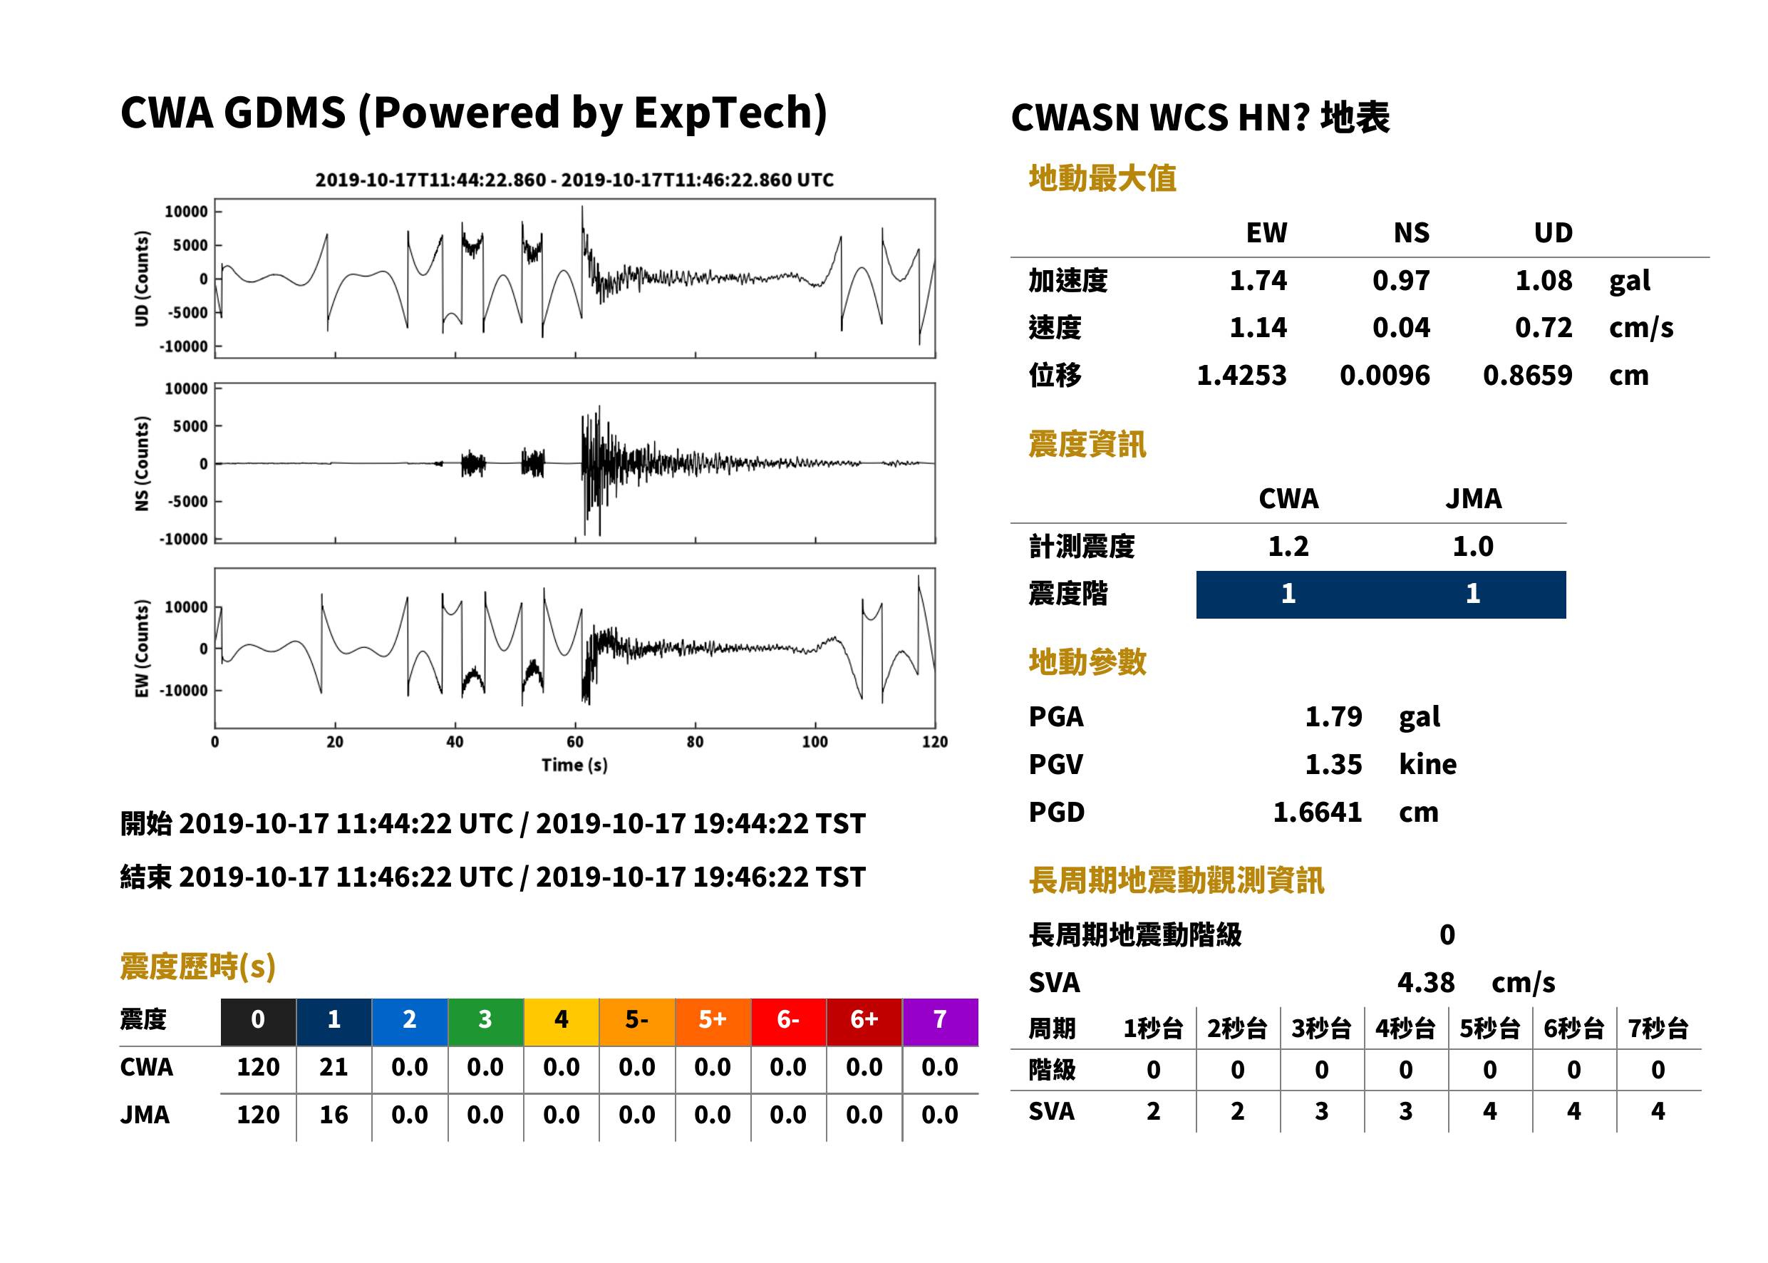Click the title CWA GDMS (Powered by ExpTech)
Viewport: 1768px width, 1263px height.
click(473, 113)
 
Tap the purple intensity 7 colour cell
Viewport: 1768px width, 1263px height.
click(940, 1021)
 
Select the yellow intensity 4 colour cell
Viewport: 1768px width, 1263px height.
click(562, 1021)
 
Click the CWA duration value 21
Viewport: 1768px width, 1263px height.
click(334, 1067)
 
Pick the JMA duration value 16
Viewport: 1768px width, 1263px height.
click(334, 1115)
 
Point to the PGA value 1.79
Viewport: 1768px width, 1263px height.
click(1333, 716)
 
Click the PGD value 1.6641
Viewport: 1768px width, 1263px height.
click(1317, 812)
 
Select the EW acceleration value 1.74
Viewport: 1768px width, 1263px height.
click(1258, 280)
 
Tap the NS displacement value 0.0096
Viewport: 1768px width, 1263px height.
click(1385, 376)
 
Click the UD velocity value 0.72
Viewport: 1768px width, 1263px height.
click(1544, 327)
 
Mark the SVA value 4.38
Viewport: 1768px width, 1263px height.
click(1426, 982)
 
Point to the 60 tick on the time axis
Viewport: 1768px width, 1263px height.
click(574, 742)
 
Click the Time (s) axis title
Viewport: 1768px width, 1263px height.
click(574, 765)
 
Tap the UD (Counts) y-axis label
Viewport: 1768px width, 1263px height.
click(142, 279)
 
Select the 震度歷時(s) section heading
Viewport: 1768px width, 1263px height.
click(198, 966)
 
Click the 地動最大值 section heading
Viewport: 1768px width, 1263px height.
click(1102, 178)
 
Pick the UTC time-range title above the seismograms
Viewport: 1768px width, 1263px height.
click(574, 180)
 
